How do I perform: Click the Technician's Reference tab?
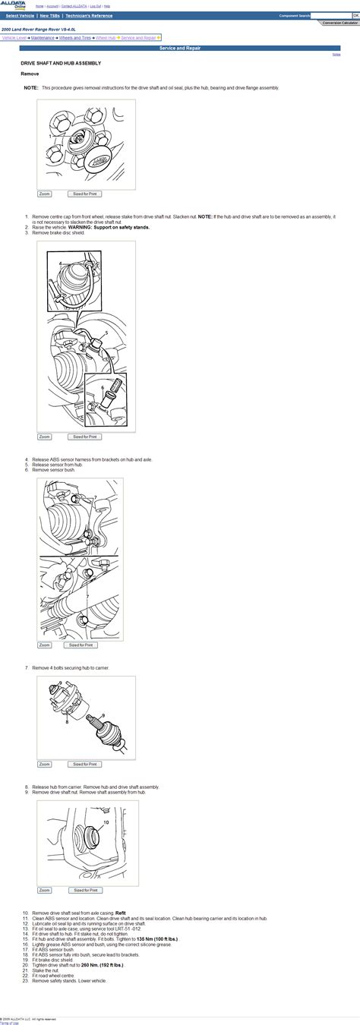click(x=89, y=15)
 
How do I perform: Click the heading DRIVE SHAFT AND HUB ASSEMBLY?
click(x=60, y=63)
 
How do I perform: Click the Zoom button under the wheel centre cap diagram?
click(x=44, y=194)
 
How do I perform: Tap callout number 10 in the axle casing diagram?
click(x=106, y=822)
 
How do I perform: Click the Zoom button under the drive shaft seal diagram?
click(x=44, y=890)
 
